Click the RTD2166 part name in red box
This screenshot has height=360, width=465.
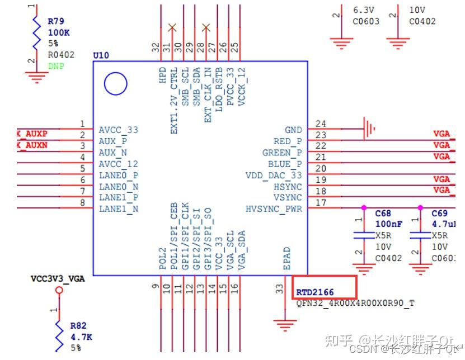(x=314, y=292)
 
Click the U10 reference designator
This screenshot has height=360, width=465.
(x=101, y=55)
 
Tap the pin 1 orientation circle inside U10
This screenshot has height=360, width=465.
(x=116, y=84)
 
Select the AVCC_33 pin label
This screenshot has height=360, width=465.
(x=118, y=130)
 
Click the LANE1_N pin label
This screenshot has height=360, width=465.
(x=118, y=209)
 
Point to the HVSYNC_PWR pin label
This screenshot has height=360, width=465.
(x=274, y=209)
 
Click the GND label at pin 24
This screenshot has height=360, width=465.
(x=293, y=130)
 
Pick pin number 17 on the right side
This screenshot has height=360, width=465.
(x=321, y=203)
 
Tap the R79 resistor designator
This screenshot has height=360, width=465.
(x=55, y=21)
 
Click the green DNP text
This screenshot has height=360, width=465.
(x=55, y=66)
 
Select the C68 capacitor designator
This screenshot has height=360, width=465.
(x=383, y=214)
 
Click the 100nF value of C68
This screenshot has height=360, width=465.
(x=388, y=224)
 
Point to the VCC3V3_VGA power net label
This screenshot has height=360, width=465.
(x=58, y=278)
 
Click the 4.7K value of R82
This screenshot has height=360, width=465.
(x=81, y=337)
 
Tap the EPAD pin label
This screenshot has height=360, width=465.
(x=286, y=259)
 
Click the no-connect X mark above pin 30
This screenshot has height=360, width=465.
(x=172, y=27)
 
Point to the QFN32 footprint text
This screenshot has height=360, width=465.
(x=356, y=302)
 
